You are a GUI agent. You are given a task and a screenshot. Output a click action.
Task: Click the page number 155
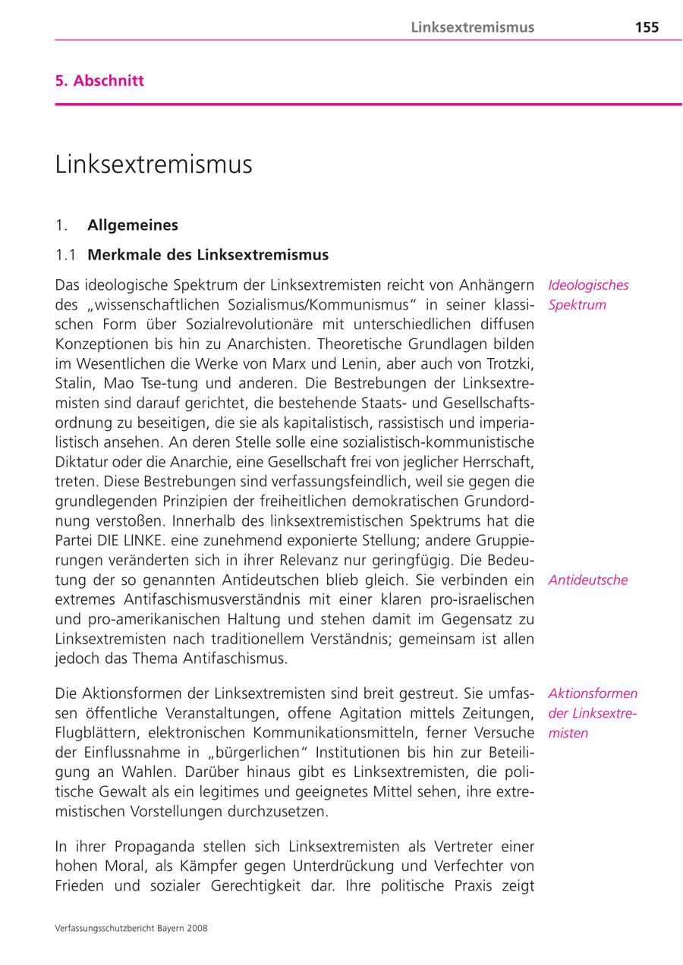pyautogui.click(x=647, y=27)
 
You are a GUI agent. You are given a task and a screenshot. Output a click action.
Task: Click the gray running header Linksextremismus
pyautogui.click(x=472, y=27)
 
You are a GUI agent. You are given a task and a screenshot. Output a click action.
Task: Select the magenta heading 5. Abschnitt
pyautogui.click(x=99, y=80)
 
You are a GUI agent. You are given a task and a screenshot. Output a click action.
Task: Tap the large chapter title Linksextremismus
pyautogui.click(x=153, y=165)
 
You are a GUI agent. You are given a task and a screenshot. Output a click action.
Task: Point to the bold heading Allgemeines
pyautogui.click(x=133, y=225)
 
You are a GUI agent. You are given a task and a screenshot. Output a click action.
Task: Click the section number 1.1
pyautogui.click(x=66, y=254)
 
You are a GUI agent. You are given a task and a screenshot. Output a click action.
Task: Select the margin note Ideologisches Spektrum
pyautogui.click(x=588, y=295)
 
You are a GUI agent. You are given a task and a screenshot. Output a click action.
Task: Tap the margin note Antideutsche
pyautogui.click(x=587, y=580)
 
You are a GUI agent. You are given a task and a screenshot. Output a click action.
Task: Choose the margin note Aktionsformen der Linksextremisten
pyautogui.click(x=592, y=713)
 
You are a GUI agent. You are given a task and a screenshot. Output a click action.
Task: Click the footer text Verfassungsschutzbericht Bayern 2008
pyautogui.click(x=131, y=928)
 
